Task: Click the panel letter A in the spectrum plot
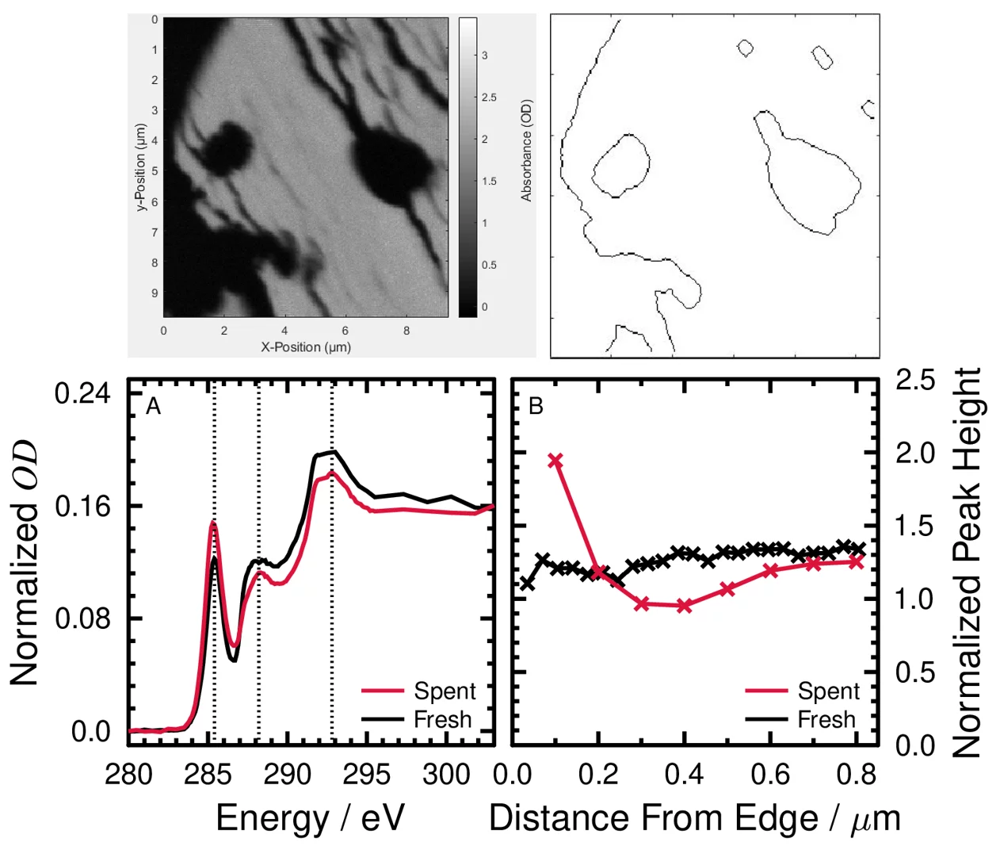click(x=153, y=407)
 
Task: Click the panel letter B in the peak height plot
click(x=536, y=407)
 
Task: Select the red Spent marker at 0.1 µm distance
click(x=555, y=461)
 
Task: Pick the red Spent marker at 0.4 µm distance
click(x=685, y=606)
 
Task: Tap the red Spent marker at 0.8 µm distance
click(x=857, y=562)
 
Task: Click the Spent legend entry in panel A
click(x=444, y=691)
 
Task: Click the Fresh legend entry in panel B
click(x=826, y=720)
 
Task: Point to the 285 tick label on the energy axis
click(x=208, y=775)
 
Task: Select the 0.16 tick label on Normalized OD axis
click(x=82, y=506)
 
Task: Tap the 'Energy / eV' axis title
click(x=310, y=818)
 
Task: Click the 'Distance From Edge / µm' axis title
click(x=694, y=818)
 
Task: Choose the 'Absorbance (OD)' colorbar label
click(x=527, y=151)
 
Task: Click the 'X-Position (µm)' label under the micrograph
click(x=306, y=347)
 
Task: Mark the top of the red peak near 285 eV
click(x=213, y=523)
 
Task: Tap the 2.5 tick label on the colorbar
click(x=489, y=98)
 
